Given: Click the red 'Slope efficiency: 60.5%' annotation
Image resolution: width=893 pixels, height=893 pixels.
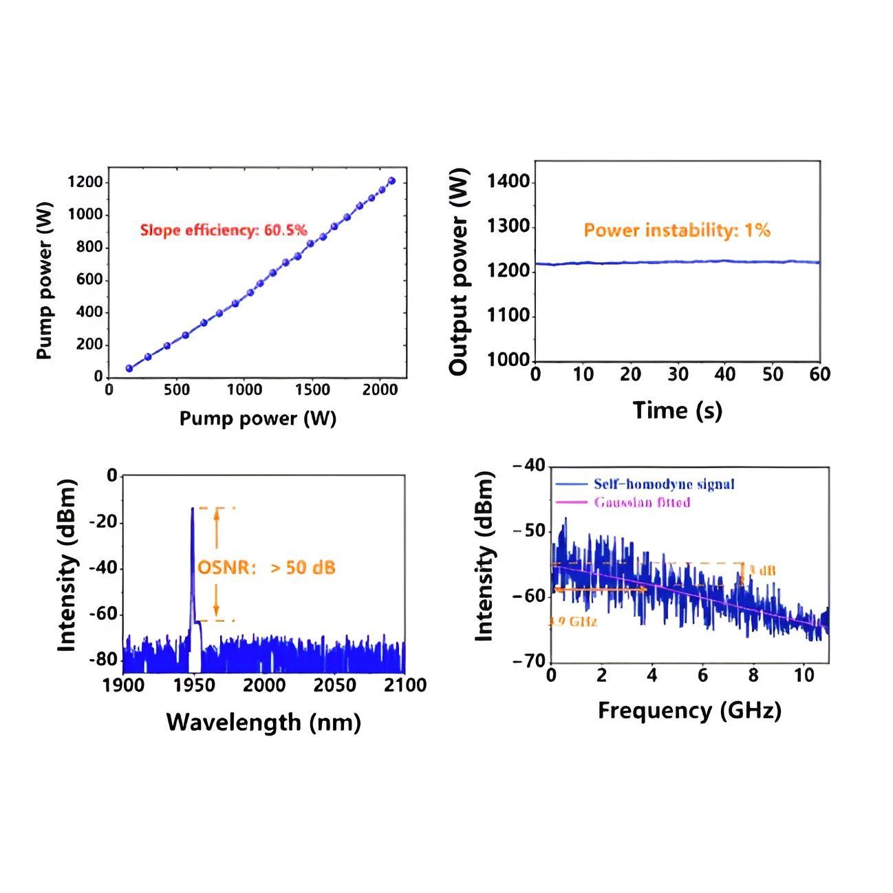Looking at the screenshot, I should click(x=224, y=230).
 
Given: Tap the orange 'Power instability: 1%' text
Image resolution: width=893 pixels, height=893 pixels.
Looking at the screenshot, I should click(x=677, y=230).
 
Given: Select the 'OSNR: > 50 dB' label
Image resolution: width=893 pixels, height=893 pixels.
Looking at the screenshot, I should click(x=266, y=568).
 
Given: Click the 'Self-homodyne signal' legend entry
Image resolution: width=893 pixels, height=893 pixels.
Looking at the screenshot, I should click(x=664, y=484).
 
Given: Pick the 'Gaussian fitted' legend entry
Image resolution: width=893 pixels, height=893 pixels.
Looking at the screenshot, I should click(x=642, y=502).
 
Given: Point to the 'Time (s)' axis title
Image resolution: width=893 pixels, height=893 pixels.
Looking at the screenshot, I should click(x=677, y=411).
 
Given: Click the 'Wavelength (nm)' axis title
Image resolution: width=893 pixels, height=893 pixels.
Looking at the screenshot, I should click(x=263, y=722).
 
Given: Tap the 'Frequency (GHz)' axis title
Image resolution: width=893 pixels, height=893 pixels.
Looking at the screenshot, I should click(x=689, y=710).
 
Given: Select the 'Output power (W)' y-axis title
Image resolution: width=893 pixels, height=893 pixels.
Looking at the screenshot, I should click(x=458, y=272).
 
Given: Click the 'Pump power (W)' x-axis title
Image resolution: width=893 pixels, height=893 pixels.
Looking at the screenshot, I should click(x=257, y=418).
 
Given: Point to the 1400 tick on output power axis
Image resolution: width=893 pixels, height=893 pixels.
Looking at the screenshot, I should click(x=508, y=182).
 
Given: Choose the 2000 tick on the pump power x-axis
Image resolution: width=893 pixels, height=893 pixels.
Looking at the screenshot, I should click(x=380, y=390).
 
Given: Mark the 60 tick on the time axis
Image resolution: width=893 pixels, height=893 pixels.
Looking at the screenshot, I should click(x=819, y=375).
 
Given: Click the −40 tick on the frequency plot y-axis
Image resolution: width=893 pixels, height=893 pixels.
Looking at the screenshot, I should click(x=528, y=466).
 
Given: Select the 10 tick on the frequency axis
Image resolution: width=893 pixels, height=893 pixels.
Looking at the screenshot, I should click(x=804, y=676).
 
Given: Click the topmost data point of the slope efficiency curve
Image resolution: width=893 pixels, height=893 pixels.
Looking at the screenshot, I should click(x=391, y=181).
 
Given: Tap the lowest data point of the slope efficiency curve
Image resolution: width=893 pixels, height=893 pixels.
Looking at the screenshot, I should click(x=129, y=368).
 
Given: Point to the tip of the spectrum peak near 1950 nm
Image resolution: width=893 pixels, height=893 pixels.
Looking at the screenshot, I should click(x=192, y=508).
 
